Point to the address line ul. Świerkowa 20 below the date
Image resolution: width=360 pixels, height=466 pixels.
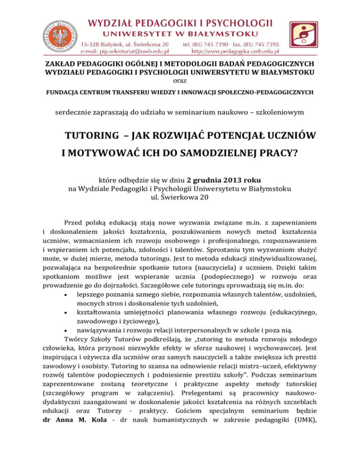click(x=180, y=197)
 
